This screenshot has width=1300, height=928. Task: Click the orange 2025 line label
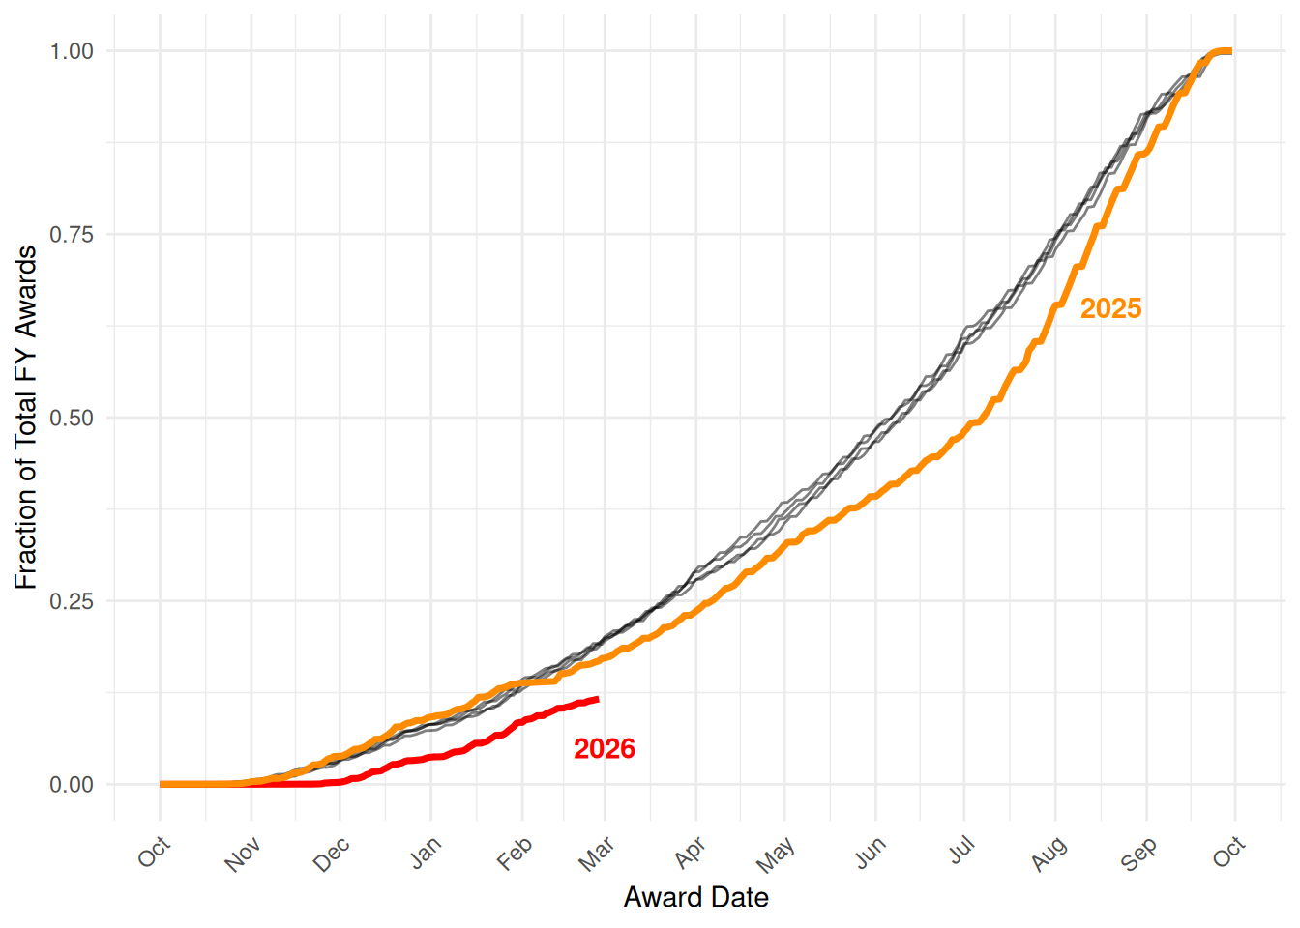1110,308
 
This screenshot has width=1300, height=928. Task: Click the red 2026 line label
605,749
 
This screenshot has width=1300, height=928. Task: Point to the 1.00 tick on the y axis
72,51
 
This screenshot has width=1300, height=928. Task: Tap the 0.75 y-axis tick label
72,235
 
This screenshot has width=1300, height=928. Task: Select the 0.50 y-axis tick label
72,418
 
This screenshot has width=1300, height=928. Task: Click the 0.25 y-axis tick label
72,601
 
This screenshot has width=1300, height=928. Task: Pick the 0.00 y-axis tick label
72,785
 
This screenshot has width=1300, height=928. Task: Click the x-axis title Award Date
695,898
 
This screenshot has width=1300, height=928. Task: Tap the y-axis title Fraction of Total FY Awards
26,417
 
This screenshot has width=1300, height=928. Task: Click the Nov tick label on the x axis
243,855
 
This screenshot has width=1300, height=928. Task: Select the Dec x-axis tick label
332,855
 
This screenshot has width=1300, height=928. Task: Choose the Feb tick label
515,854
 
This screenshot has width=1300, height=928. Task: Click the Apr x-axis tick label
690,853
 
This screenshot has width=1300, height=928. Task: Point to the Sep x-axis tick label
1139,854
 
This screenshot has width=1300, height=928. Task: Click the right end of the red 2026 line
598,699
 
